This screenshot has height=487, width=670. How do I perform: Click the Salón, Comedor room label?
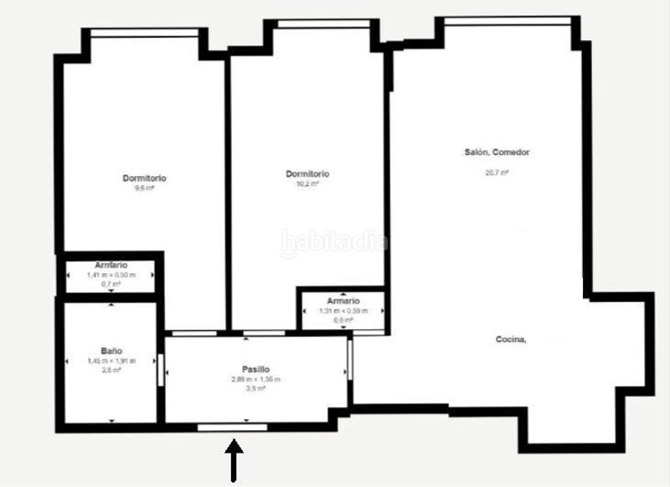(497, 153)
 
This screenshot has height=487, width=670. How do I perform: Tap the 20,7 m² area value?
(497, 173)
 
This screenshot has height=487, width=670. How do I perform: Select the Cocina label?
(510, 339)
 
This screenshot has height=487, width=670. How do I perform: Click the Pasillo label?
(255, 369)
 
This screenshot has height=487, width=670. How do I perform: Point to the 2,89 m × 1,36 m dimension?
(255, 379)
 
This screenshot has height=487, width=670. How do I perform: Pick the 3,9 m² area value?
(255, 388)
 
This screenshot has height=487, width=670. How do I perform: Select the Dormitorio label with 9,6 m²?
(145, 178)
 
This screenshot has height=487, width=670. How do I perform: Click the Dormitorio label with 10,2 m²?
(307, 174)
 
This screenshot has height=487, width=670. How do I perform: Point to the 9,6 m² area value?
(145, 188)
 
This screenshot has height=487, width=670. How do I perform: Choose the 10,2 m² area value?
(307, 184)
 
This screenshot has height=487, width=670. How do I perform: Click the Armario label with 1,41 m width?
(111, 266)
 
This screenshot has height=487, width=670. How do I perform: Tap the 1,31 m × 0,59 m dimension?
(343, 311)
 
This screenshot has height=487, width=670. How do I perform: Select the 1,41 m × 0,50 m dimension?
(111, 275)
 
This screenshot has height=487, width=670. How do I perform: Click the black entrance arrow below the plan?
(234, 462)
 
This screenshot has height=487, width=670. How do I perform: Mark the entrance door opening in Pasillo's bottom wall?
(233, 427)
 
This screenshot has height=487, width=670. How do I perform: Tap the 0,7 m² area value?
(111, 284)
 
